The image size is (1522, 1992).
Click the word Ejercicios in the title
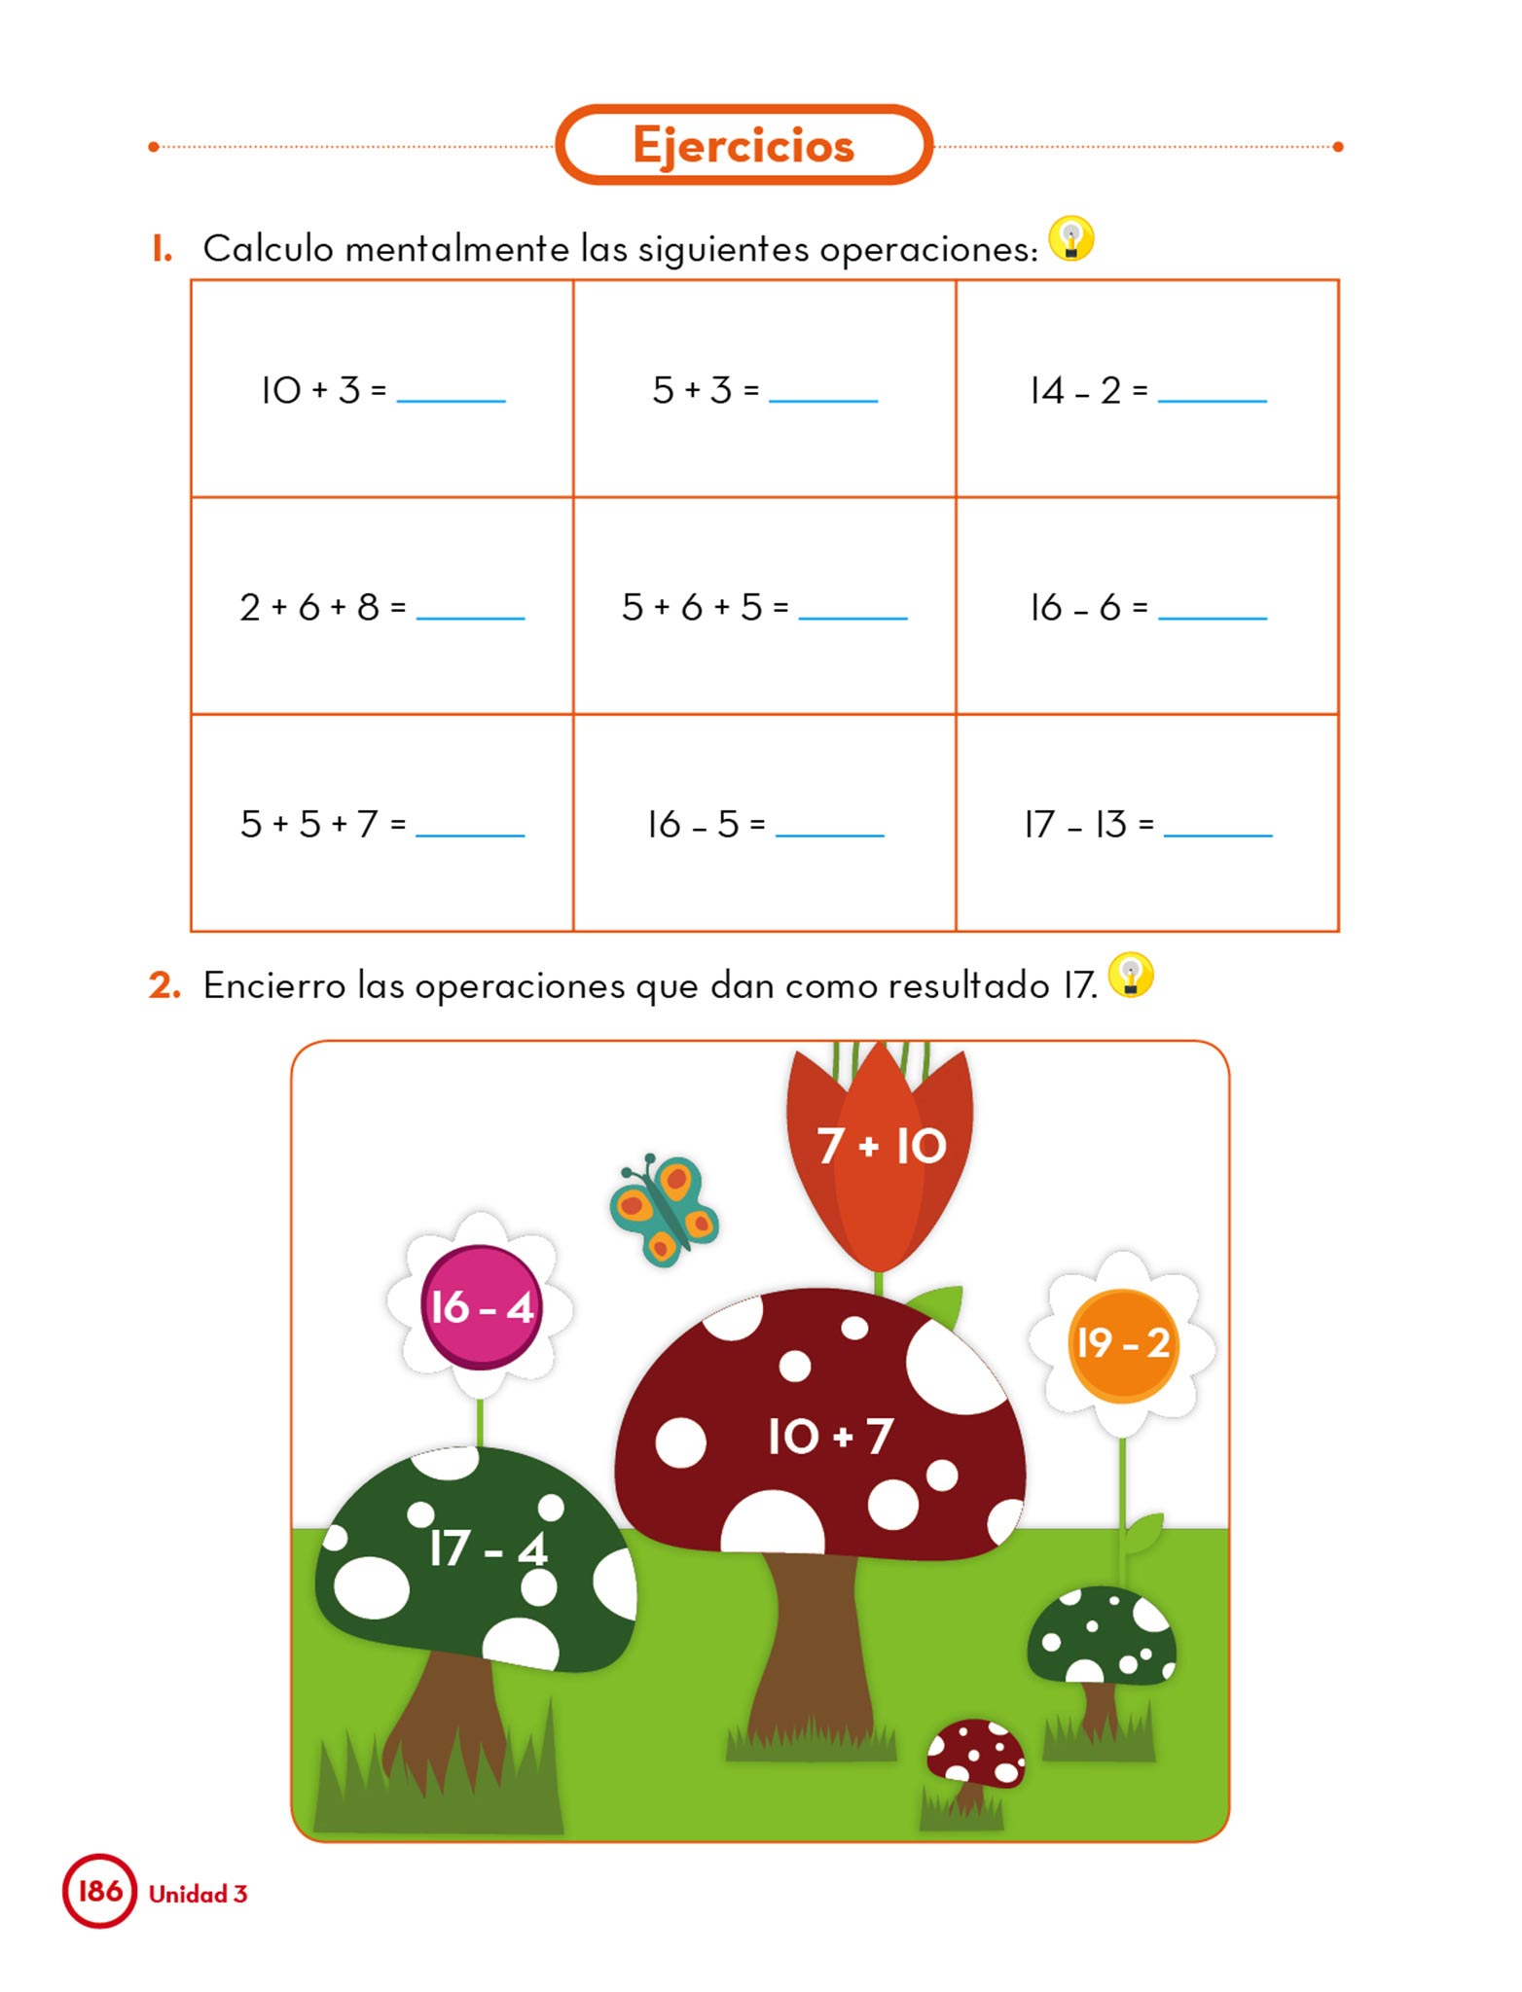[x=743, y=146]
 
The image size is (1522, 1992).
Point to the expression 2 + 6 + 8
[x=309, y=608]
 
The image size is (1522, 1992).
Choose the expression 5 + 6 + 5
[x=692, y=608]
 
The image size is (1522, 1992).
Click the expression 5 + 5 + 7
[x=309, y=825]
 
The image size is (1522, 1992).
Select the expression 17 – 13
[x=1075, y=825]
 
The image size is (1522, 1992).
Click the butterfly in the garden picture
[x=664, y=1209]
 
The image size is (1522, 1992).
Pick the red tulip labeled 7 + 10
[x=880, y=1148]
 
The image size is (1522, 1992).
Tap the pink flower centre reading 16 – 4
[x=481, y=1307]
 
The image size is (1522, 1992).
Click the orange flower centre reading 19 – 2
[x=1122, y=1344]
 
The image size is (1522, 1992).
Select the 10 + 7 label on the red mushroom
[x=829, y=1437]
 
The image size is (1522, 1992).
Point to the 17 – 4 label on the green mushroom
[x=488, y=1548]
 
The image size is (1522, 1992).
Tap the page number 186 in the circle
[x=99, y=1891]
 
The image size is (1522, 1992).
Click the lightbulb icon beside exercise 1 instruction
[x=1071, y=239]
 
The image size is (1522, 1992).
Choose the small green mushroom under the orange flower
[x=1102, y=1644]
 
